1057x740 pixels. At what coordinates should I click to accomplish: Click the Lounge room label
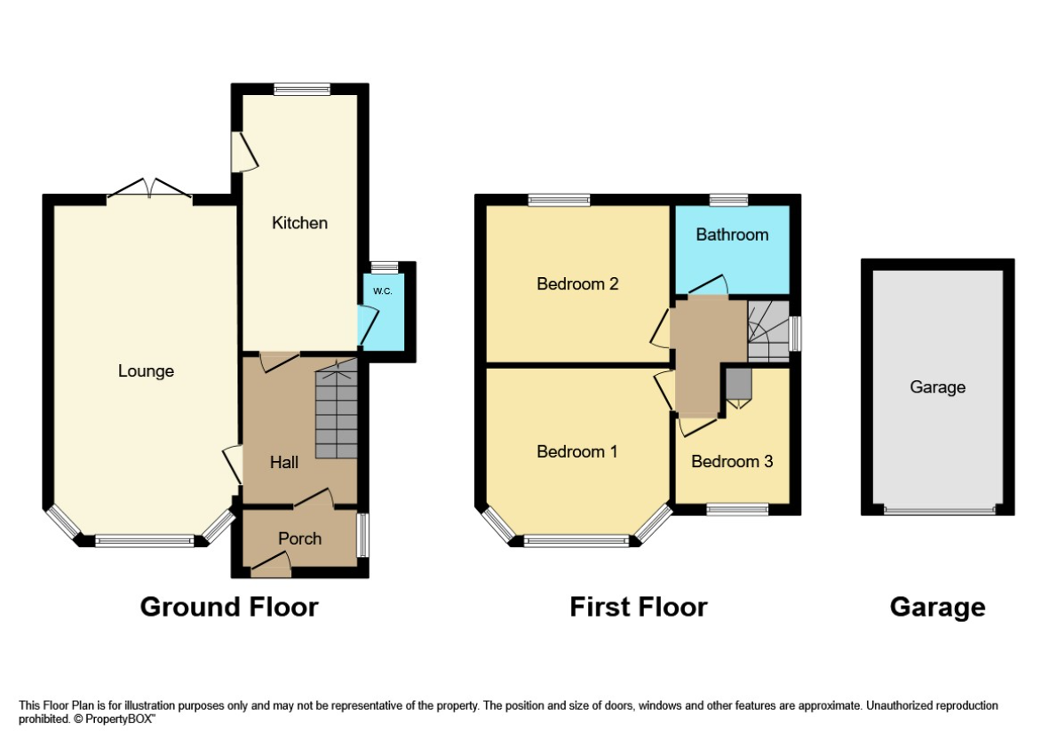pyautogui.click(x=146, y=371)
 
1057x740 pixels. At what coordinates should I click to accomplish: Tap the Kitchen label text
pyautogui.click(x=299, y=223)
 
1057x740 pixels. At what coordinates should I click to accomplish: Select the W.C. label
pyautogui.click(x=382, y=291)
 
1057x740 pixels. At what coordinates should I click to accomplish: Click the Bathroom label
pyautogui.click(x=732, y=235)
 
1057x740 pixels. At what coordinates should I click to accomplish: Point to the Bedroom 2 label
pyautogui.click(x=577, y=284)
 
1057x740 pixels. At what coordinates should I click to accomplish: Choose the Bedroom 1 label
pyautogui.click(x=576, y=452)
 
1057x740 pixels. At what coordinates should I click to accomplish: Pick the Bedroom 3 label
pyautogui.click(x=732, y=462)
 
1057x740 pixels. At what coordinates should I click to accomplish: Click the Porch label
pyautogui.click(x=299, y=538)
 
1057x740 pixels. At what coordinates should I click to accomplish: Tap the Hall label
pyautogui.click(x=284, y=462)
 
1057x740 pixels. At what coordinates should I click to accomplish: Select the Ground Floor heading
pyautogui.click(x=229, y=607)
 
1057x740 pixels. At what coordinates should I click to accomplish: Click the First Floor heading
pyautogui.click(x=638, y=607)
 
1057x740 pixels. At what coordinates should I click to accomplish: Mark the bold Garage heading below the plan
pyautogui.click(x=937, y=607)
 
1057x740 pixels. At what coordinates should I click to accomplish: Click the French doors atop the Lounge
pyautogui.click(x=150, y=188)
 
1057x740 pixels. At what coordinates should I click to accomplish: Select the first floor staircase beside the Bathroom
pyautogui.click(x=767, y=330)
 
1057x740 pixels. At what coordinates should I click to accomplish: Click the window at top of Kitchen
pyautogui.click(x=301, y=89)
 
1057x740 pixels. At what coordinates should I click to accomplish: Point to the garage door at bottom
pyautogui.click(x=938, y=511)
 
